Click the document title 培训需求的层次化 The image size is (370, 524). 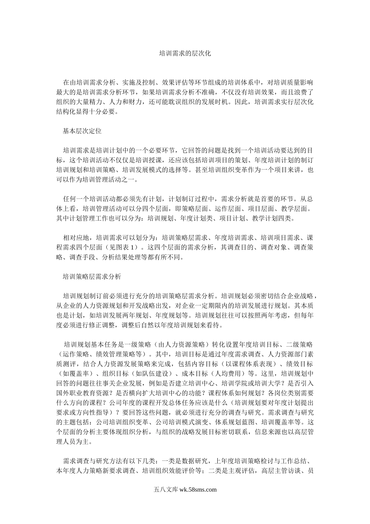[185, 53]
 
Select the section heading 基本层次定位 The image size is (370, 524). [82, 131]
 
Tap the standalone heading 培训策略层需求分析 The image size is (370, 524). [92, 277]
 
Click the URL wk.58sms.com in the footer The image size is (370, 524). [198, 490]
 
